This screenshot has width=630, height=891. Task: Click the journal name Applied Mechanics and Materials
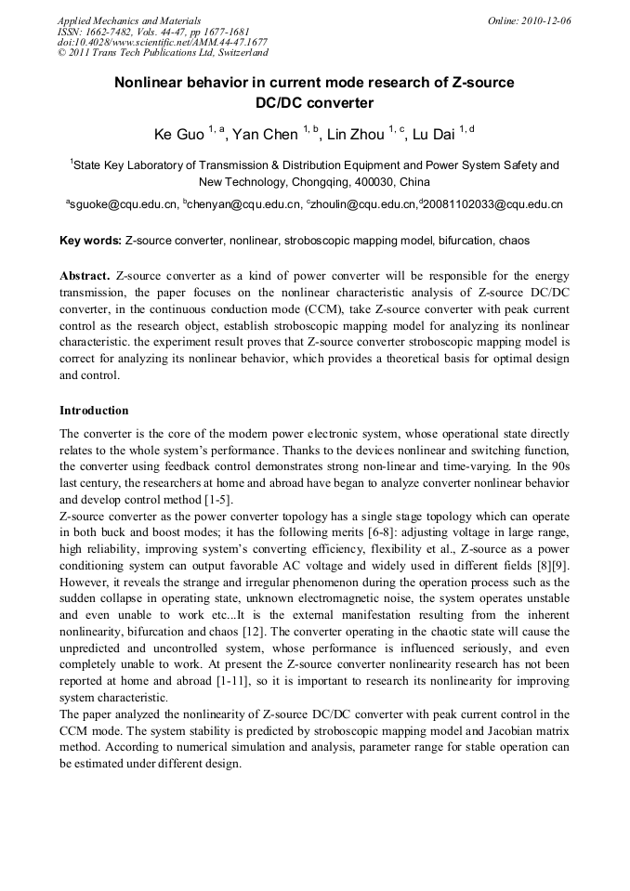pyautogui.click(x=129, y=20)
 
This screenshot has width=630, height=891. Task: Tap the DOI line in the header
pyautogui.click(x=162, y=42)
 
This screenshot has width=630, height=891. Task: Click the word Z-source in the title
pyautogui.click(x=482, y=83)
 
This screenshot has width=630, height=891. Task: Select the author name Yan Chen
pyautogui.click(x=265, y=135)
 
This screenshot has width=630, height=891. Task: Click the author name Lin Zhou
pyautogui.click(x=356, y=135)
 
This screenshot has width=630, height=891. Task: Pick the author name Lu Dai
pyautogui.click(x=433, y=135)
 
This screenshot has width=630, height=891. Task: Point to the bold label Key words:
pyautogui.click(x=90, y=241)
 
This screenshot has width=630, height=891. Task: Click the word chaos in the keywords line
pyautogui.click(x=514, y=241)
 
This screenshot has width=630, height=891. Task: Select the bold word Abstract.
pyautogui.click(x=85, y=277)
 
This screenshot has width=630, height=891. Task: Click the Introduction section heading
pyautogui.click(x=94, y=410)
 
